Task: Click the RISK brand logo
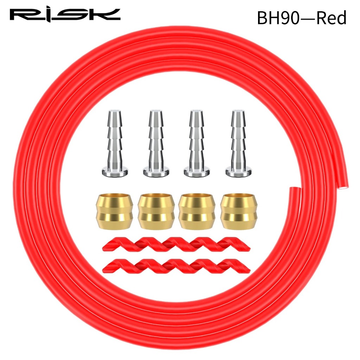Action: [x=65, y=15]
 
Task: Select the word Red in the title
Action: [x=331, y=18]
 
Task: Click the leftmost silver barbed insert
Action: [x=115, y=144]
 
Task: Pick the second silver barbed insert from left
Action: [x=156, y=144]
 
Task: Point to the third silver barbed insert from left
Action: [x=197, y=144]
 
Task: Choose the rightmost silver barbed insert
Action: [x=238, y=144]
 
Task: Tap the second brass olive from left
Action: [x=153, y=211]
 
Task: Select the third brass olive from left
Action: [x=194, y=211]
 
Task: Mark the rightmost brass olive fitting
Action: [x=235, y=211]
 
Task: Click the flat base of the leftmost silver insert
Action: [x=115, y=172]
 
